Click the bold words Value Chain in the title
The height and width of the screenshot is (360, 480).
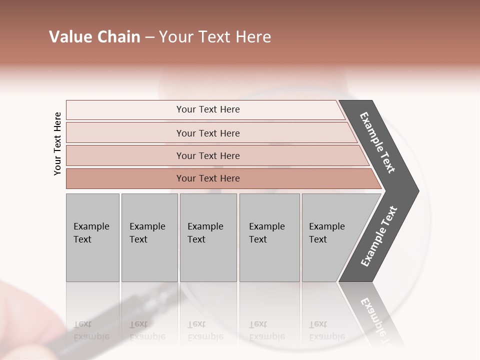(x=94, y=37)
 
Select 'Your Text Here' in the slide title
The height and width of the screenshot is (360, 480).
(x=215, y=37)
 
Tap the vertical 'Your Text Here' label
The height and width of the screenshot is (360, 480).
(x=57, y=143)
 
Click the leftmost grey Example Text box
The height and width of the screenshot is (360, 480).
(x=92, y=237)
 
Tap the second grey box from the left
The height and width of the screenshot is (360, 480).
(x=149, y=237)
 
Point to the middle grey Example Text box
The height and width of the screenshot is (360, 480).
(x=208, y=237)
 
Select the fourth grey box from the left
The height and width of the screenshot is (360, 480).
(x=269, y=237)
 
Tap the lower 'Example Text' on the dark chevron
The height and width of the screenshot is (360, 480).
(x=379, y=236)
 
